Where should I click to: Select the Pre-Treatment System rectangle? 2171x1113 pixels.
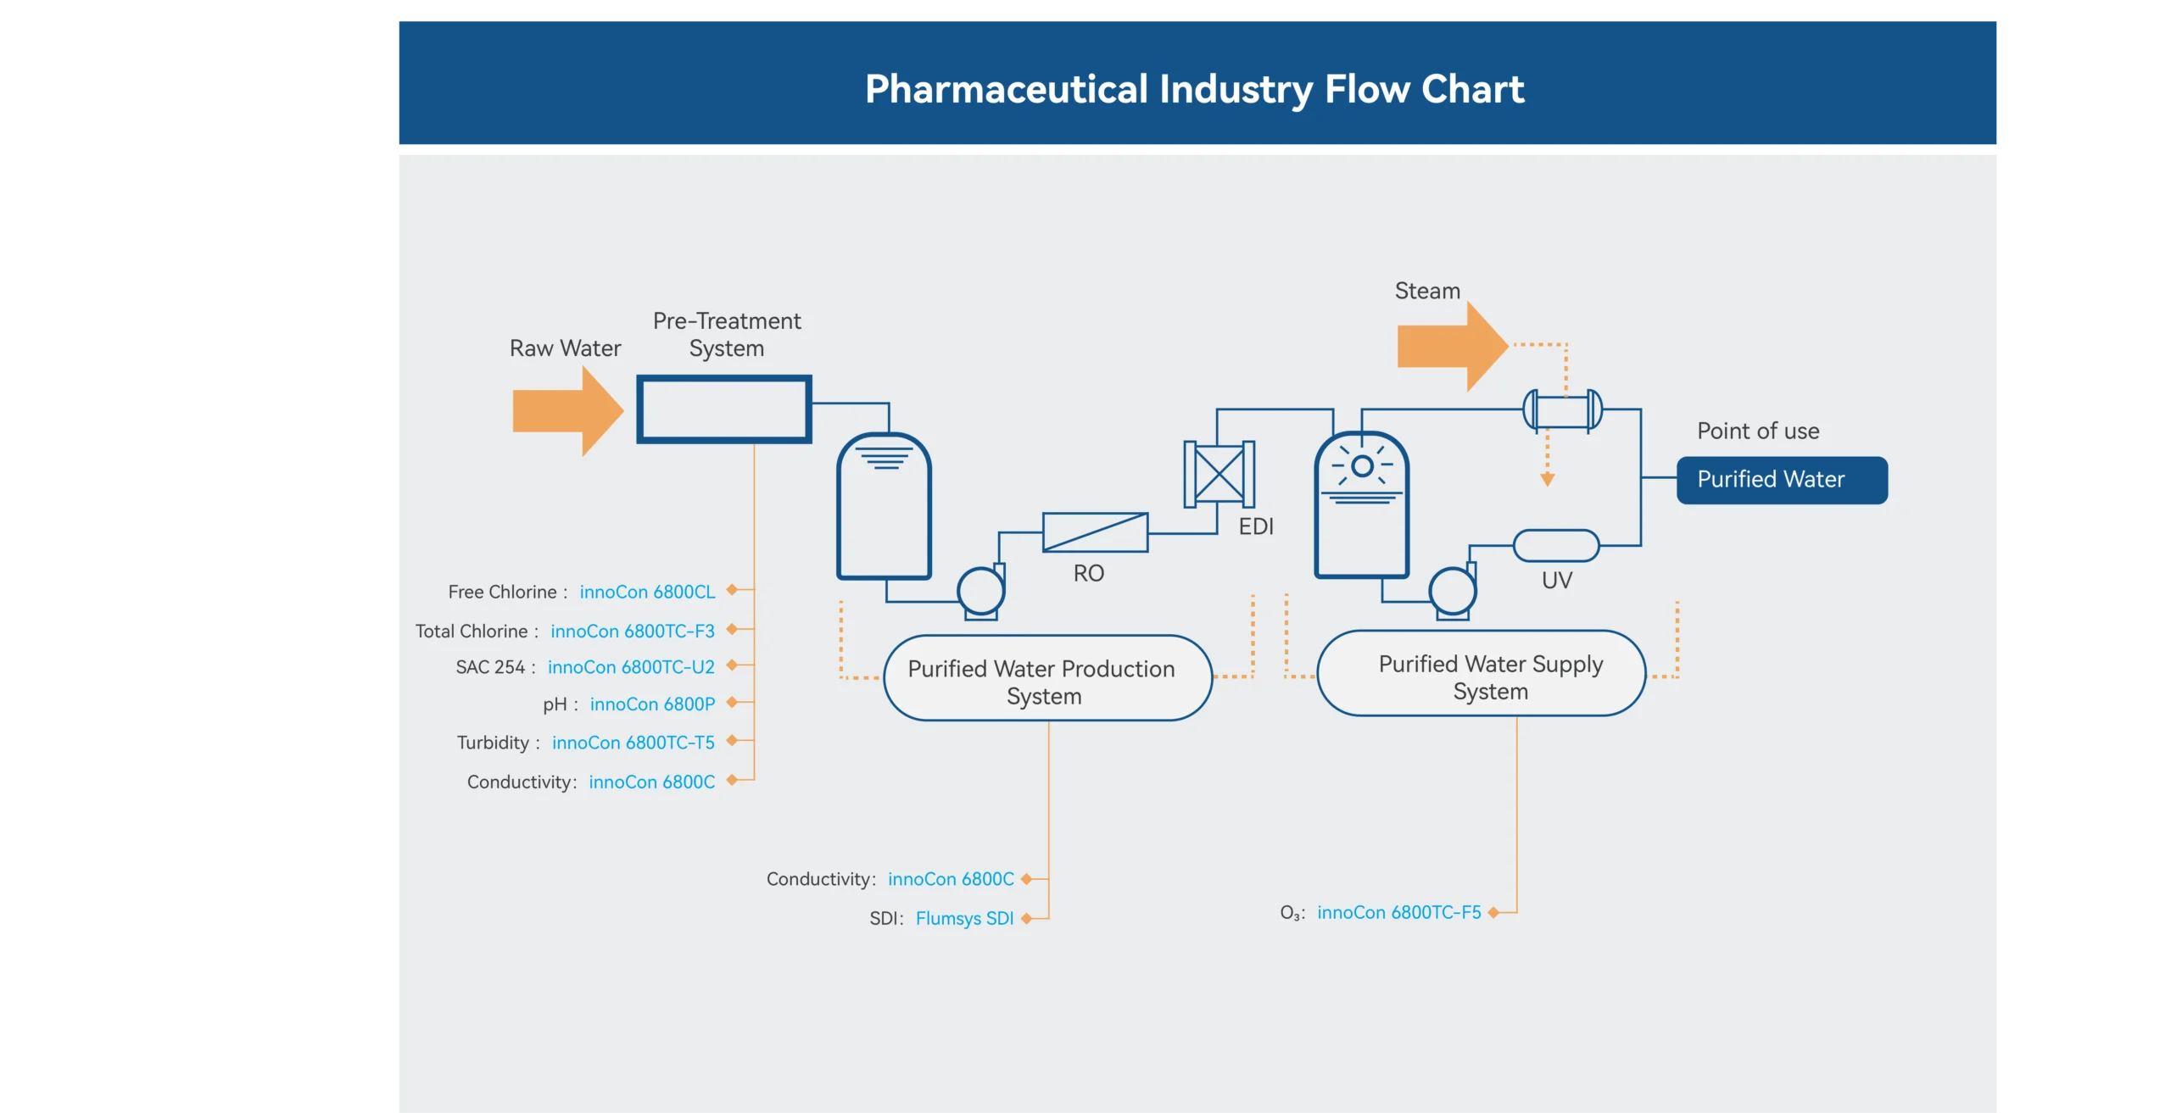tap(724, 409)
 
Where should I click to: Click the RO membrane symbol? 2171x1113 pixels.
tap(1095, 532)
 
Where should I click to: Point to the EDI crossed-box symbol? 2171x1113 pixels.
tap(1219, 474)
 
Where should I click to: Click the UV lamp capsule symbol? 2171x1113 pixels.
tap(1556, 546)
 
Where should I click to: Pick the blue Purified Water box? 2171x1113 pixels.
tap(1782, 480)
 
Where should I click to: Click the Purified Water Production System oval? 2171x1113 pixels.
tap(1047, 678)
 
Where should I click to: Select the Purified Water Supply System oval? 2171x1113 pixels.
tap(1481, 674)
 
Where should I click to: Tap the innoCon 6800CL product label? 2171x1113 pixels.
tap(647, 592)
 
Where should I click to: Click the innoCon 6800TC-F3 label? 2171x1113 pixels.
tap(633, 632)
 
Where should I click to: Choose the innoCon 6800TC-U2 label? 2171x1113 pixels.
tap(631, 667)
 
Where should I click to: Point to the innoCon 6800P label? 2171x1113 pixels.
tap(652, 704)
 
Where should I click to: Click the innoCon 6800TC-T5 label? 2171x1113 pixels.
tap(633, 743)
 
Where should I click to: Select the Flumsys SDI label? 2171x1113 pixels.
tap(964, 918)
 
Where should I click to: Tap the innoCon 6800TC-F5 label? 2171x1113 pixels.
tap(1398, 912)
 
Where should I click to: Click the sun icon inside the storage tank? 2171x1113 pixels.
tap(1362, 465)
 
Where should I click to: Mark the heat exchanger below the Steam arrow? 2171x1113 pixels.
tap(1562, 410)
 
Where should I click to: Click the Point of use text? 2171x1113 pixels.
tap(1758, 431)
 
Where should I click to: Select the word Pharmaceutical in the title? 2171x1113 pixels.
tap(1006, 89)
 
